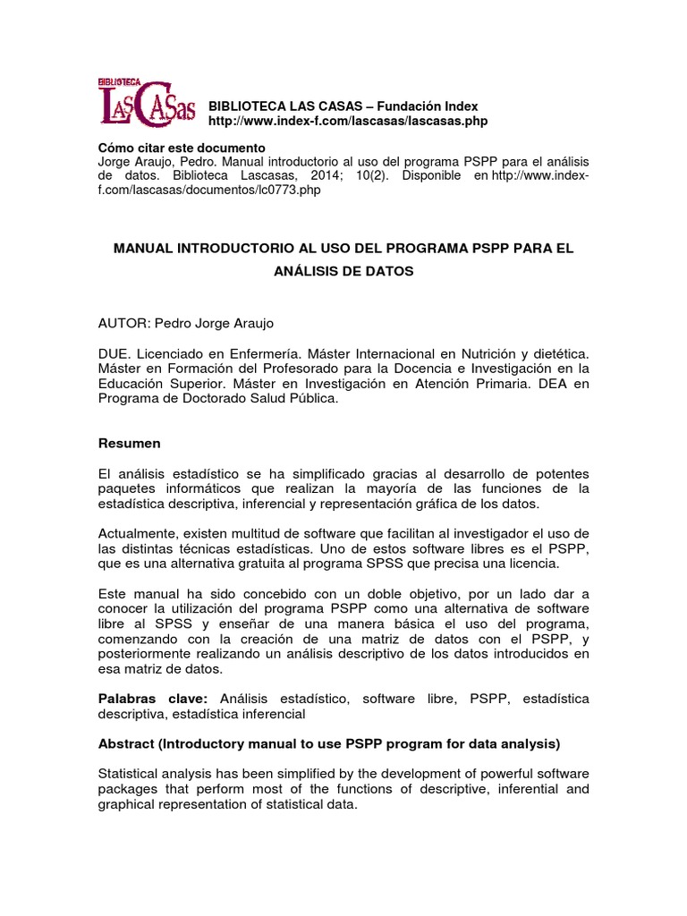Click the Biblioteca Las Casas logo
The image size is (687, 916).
coord(145,101)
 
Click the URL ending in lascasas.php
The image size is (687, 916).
coord(348,121)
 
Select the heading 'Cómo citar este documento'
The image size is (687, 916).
coord(181,147)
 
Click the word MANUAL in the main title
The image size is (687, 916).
coord(145,248)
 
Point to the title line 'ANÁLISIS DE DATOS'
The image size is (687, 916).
coord(343,271)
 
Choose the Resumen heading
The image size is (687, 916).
coord(129,443)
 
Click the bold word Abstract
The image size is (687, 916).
coord(126,743)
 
